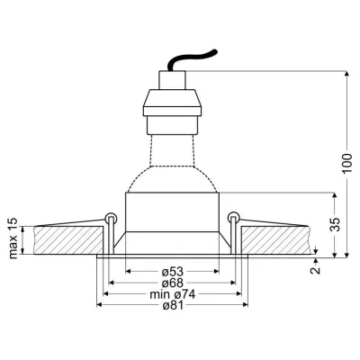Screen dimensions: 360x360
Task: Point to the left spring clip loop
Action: [110, 217]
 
